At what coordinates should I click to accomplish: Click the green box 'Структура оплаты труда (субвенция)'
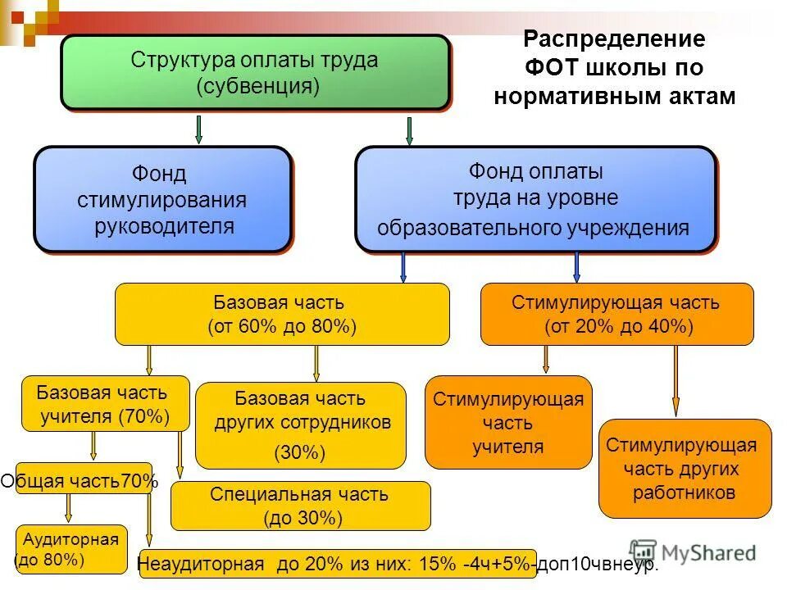point(255,73)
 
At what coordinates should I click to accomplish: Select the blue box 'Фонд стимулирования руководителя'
point(162,199)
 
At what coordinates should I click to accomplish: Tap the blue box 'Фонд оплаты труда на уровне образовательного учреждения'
point(535,199)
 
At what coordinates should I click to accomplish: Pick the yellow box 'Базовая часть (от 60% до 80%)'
point(282,314)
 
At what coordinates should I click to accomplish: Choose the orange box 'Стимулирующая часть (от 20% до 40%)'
point(616,314)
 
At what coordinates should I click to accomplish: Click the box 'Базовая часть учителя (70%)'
point(105,404)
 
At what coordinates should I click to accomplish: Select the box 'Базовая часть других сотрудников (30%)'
point(300,424)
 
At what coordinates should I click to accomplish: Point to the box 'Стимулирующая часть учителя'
point(508,422)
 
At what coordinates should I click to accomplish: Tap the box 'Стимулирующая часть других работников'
point(685,469)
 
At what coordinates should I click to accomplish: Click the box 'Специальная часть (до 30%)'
point(300,506)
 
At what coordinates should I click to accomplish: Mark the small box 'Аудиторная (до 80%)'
point(71,549)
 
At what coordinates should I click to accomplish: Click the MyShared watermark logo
point(693,552)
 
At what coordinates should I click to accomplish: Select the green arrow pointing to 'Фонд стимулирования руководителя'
point(199,129)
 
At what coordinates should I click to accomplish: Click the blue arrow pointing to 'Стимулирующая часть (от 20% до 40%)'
point(577,267)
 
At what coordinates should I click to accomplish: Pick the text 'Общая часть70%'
point(79,481)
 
